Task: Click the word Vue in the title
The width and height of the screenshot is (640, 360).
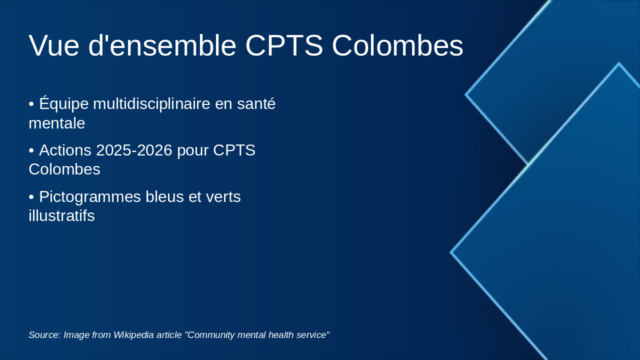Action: point(54,45)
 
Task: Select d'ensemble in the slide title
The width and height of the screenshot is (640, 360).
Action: point(162,45)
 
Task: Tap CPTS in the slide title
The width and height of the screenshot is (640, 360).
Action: point(284,45)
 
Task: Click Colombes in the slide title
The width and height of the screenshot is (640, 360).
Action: point(397,45)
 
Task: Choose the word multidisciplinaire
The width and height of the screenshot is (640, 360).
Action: point(151,103)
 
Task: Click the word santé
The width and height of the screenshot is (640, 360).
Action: point(256,103)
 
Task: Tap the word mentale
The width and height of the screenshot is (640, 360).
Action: point(57,123)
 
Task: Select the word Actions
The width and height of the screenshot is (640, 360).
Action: point(65,150)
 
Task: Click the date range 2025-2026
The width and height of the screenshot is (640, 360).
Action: point(134,150)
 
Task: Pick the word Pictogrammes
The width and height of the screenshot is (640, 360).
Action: point(90,197)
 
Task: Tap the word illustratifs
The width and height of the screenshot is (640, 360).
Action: point(61,215)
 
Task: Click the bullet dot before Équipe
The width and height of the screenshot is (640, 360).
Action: point(31,104)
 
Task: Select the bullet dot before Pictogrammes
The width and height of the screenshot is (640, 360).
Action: point(31,197)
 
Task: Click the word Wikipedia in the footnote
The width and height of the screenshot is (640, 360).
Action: point(133,334)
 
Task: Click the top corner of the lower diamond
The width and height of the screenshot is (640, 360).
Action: point(619,63)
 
